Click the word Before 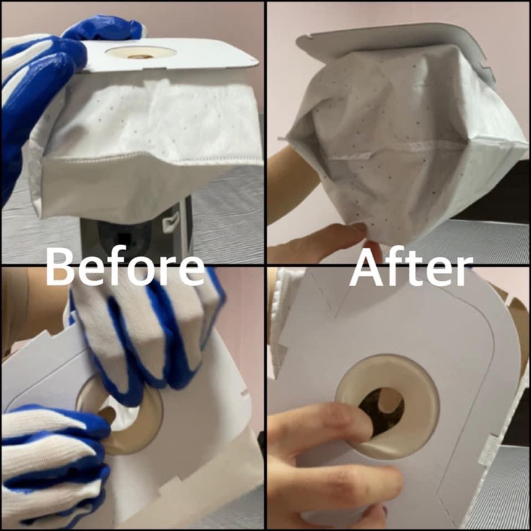coord(125,267)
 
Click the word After coord(411,267)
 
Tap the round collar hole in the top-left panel coord(141,53)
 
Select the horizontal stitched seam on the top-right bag coord(399,148)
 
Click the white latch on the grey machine coord(171,224)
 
